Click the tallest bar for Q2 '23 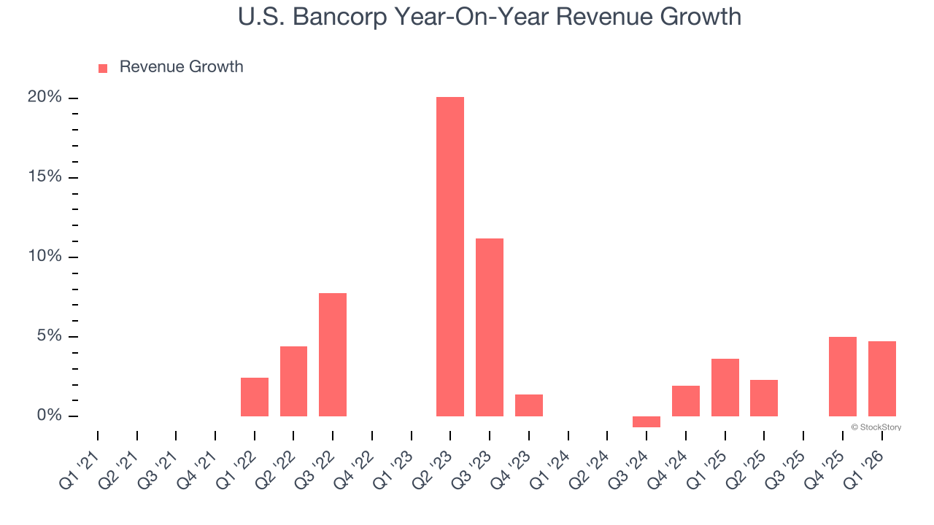tap(450, 257)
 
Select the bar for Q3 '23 tap(490, 327)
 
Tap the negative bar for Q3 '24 tap(647, 421)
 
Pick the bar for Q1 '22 tap(255, 397)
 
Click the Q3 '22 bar tap(333, 354)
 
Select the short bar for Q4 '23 tap(529, 405)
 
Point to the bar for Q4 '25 tap(843, 376)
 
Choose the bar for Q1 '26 tap(882, 378)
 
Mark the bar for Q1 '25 tap(725, 387)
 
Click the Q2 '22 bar tap(293, 381)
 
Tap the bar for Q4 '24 tap(686, 401)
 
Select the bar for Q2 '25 tap(764, 398)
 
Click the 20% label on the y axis tap(45, 98)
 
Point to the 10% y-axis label tap(45, 257)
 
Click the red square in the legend tap(103, 68)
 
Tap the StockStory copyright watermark tap(876, 427)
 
